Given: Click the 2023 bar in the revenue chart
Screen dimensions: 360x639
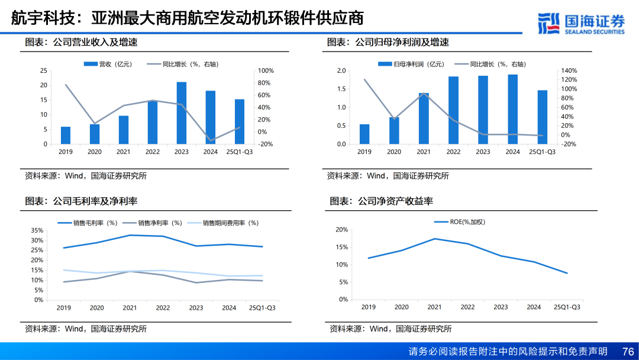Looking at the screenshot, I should point(182,113).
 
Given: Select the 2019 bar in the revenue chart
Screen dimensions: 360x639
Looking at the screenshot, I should point(66,136).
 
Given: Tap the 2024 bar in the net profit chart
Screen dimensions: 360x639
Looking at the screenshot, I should point(513,110).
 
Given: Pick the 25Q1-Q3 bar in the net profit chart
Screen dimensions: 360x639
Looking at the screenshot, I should point(543,117).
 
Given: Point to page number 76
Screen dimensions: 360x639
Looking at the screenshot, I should point(628,351).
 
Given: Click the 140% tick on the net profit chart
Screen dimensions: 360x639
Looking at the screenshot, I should point(569,70).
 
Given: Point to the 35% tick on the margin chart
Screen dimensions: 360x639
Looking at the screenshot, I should point(37,230).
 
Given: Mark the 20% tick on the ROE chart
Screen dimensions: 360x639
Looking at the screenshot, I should point(341,230).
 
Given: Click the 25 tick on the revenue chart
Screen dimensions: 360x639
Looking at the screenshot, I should point(43,70).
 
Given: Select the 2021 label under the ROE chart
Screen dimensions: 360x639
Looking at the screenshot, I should point(434,307).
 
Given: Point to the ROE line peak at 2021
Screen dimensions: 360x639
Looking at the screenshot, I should point(434,239).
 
